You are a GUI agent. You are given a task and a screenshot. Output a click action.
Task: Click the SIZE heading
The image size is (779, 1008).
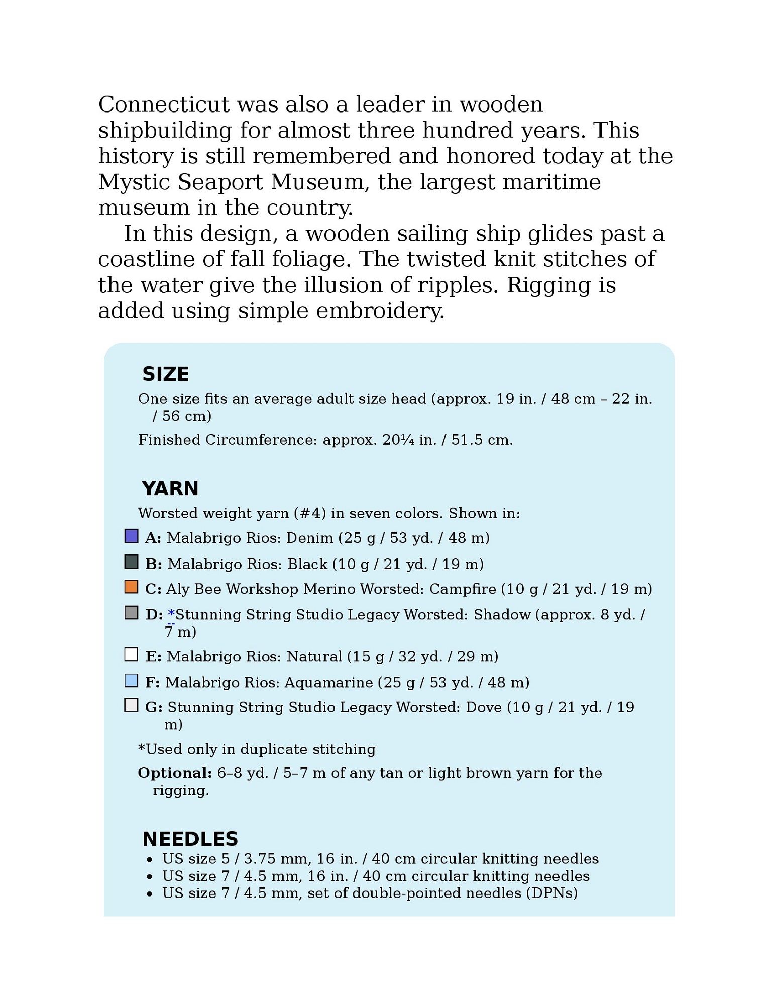click(x=165, y=374)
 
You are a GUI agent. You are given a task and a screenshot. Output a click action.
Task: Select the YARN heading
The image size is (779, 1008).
click(x=170, y=489)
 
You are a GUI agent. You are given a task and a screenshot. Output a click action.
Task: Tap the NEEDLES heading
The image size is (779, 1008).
click(x=190, y=839)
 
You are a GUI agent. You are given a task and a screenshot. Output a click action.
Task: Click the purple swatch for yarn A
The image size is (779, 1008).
click(x=131, y=536)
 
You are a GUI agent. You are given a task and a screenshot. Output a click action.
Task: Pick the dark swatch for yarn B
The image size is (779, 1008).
click(x=131, y=562)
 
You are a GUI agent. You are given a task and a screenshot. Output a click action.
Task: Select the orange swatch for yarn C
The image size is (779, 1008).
click(x=131, y=587)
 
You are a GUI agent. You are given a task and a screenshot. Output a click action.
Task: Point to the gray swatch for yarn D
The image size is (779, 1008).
click(x=131, y=613)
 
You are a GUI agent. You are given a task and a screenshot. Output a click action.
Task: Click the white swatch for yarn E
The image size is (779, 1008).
click(x=131, y=655)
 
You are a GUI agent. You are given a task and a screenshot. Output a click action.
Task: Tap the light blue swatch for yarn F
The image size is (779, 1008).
click(x=131, y=681)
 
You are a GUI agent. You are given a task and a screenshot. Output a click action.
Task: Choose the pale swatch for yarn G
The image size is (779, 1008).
click(x=131, y=706)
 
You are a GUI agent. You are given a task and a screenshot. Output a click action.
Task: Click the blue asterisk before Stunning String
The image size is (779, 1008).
click(x=171, y=614)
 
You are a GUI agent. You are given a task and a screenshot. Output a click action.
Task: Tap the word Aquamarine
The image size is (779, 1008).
click(x=328, y=683)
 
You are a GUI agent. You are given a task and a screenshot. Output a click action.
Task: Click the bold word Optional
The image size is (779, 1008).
click(x=175, y=773)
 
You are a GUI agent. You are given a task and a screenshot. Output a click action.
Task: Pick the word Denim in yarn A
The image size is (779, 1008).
click(x=309, y=538)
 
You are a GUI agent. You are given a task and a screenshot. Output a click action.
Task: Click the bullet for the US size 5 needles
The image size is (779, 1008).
click(x=150, y=860)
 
